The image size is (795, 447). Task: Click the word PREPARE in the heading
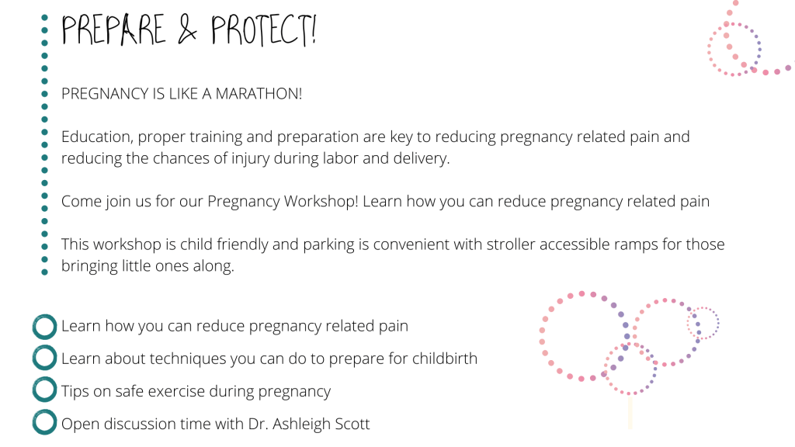click(113, 29)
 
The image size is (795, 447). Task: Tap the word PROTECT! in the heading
click(264, 30)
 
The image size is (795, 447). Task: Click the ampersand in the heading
click(187, 30)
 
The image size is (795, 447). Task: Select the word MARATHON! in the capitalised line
click(259, 94)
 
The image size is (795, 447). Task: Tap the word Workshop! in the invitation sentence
click(321, 202)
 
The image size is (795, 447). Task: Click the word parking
click(328, 245)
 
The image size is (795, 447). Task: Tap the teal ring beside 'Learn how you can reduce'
click(44, 327)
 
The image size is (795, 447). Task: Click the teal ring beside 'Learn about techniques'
click(44, 358)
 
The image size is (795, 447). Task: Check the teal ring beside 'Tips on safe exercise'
click(44, 390)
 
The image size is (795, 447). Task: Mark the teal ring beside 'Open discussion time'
click(44, 422)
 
